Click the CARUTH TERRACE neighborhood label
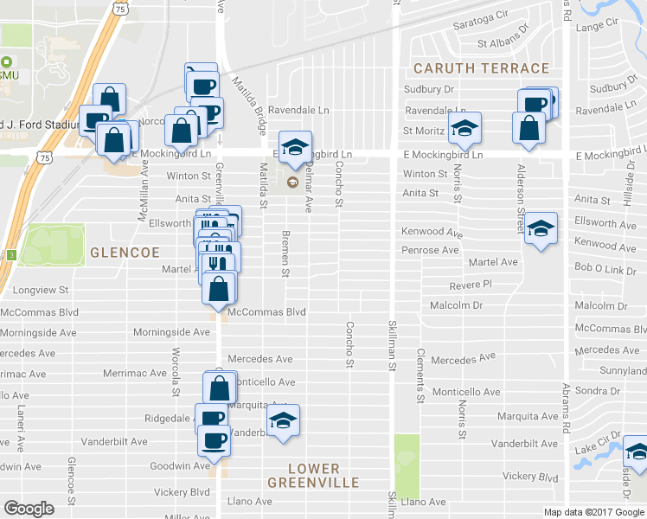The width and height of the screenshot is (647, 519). coord(481,68)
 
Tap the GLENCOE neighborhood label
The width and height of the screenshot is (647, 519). coord(125,252)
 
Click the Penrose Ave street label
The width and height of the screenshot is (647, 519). coord(430,250)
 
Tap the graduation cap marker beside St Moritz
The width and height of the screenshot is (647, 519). coord(465,129)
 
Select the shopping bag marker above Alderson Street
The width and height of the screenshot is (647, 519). coord(528,127)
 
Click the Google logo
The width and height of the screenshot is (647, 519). coord(29,508)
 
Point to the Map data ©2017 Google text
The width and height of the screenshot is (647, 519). coord(593,512)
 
